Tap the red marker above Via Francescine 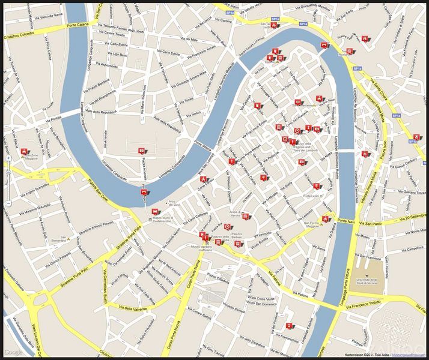click(x=290, y=327)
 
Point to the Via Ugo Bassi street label click(x=117, y=54)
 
